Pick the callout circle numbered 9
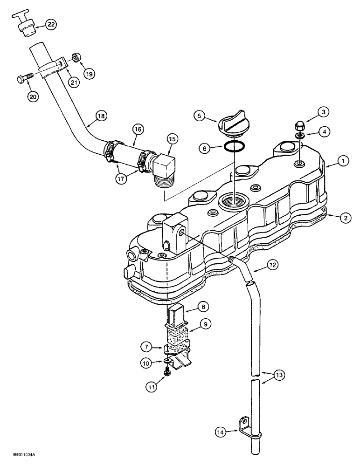coord(206,322)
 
